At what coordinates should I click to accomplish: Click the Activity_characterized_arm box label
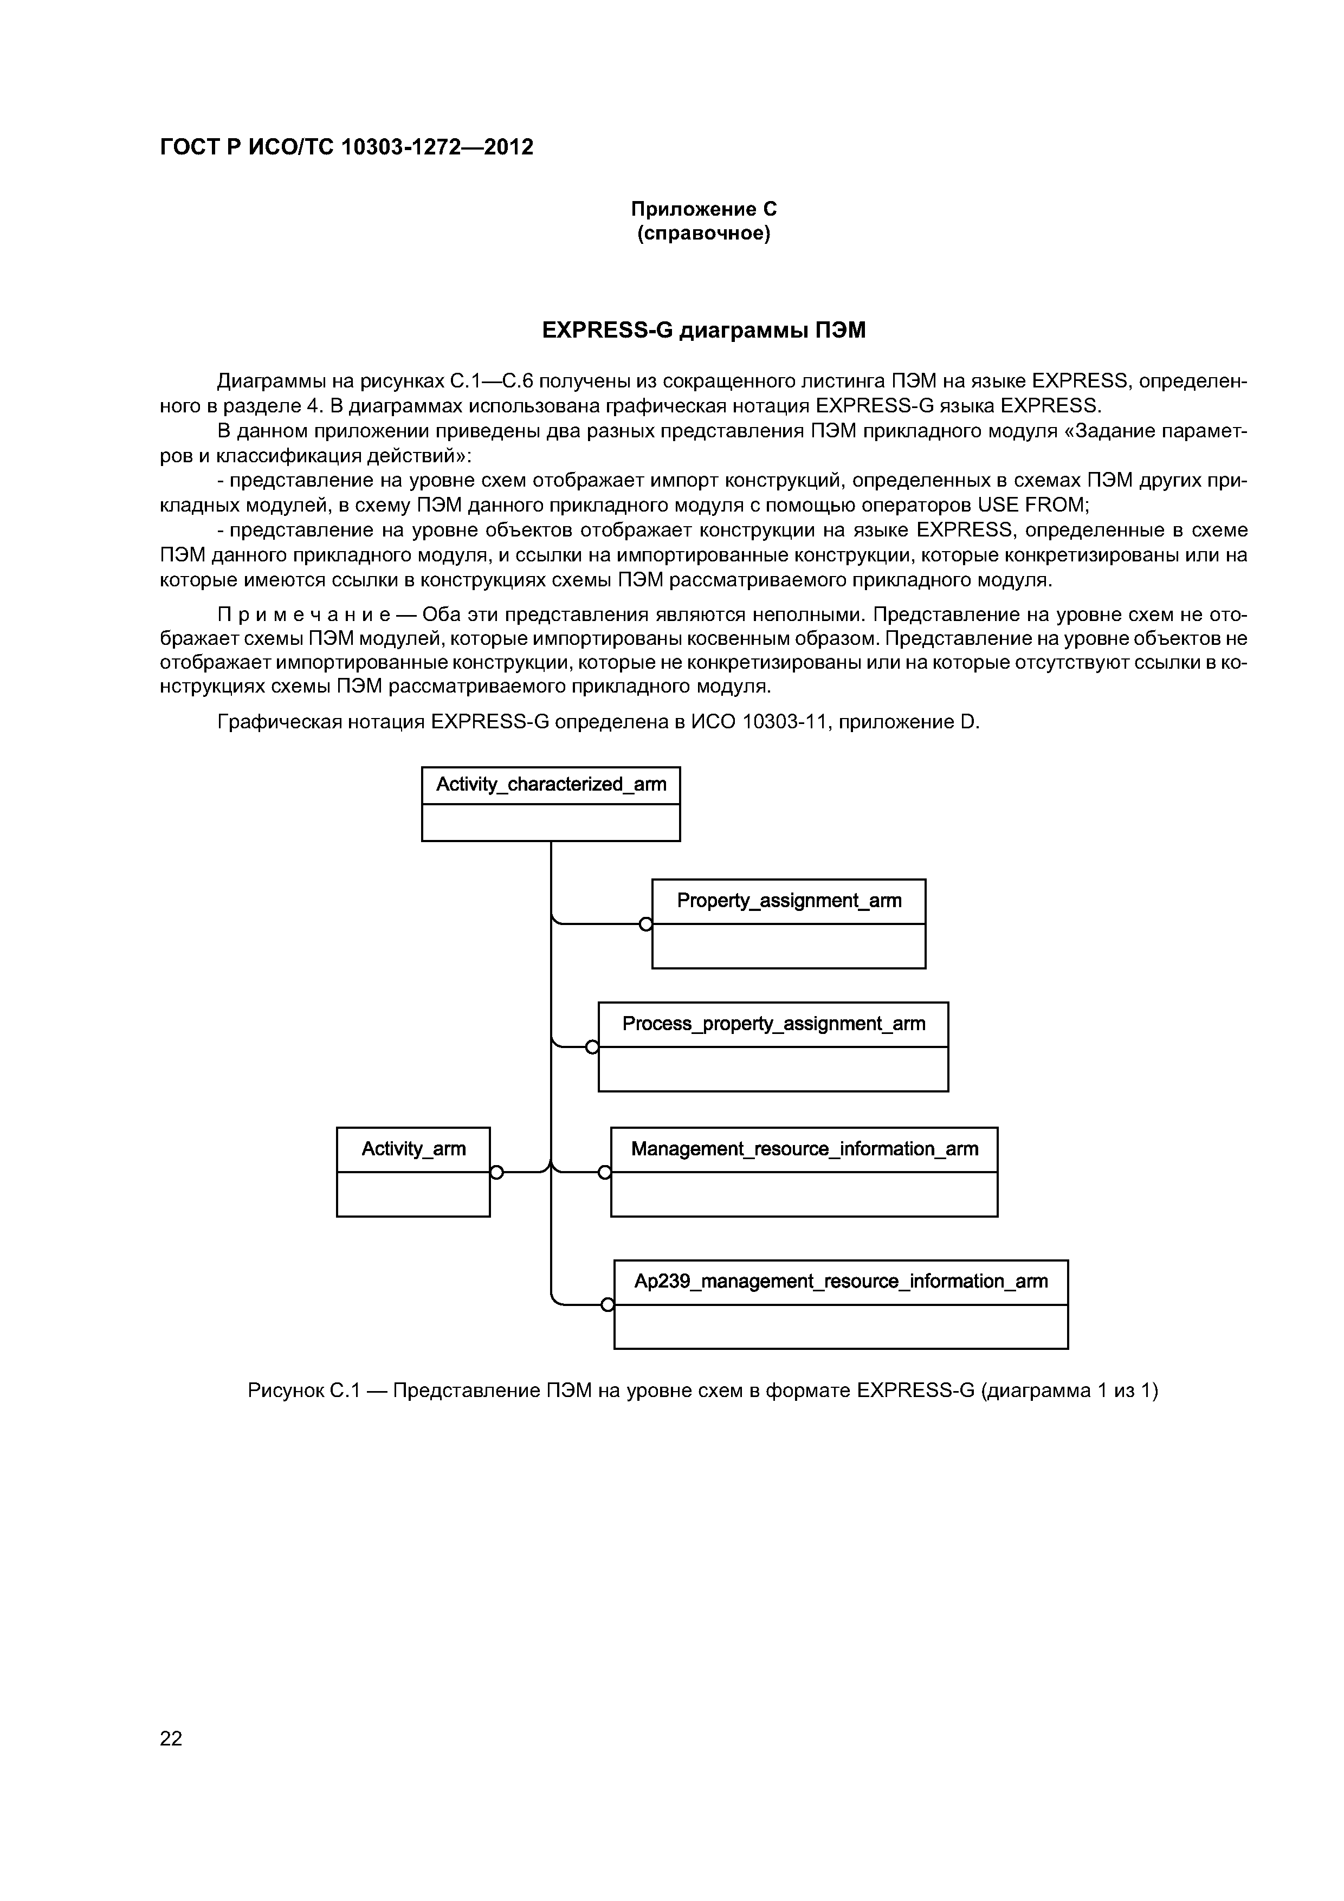coord(551,784)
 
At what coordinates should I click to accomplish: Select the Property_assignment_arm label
coord(789,901)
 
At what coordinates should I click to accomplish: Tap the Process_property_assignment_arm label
coord(773,1024)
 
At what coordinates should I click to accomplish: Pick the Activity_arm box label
coord(413,1149)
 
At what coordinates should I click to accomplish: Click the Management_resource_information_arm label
coord(804,1149)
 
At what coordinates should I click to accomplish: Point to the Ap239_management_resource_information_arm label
coord(841,1282)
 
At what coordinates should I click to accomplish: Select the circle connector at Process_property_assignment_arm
coord(592,1048)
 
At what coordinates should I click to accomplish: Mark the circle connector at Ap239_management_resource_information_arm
coord(608,1305)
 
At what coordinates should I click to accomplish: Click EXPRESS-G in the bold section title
coord(606,331)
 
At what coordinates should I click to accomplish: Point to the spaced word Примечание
coord(315,615)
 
